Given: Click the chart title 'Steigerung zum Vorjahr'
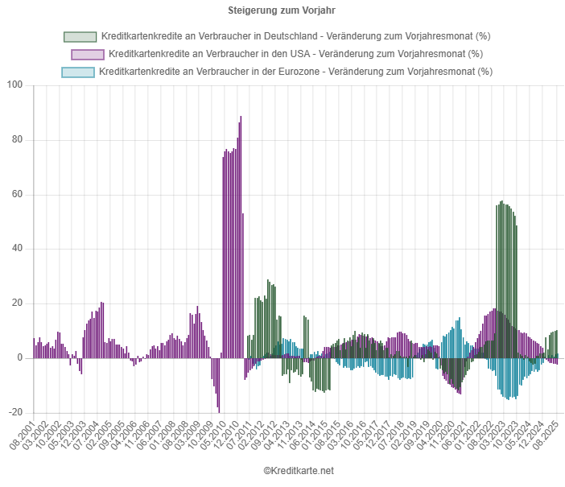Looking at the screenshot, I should point(282,10).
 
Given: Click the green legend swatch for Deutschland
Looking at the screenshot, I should point(80,36).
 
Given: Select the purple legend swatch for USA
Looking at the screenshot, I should point(88,54).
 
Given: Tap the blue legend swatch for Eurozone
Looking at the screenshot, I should point(78,72).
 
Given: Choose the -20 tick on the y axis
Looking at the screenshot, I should point(18,412).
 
